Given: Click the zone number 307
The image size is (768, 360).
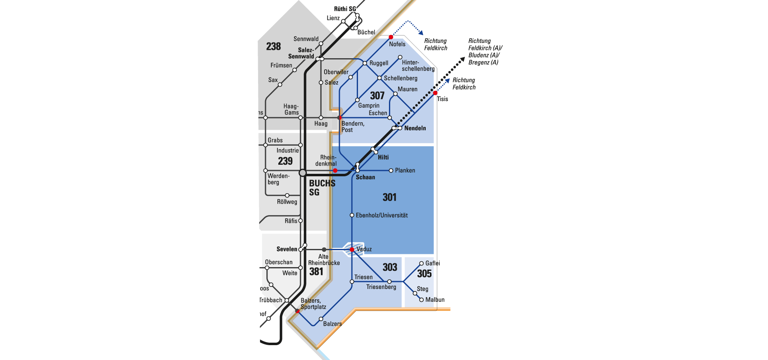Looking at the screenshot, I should pos(377,96).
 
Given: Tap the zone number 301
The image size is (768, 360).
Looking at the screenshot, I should pos(389,197).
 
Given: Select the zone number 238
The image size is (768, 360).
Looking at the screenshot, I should pos(273,46).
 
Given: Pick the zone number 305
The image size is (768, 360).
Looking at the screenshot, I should pos(424,273).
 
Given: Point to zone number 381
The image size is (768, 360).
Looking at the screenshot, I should pos(316,271).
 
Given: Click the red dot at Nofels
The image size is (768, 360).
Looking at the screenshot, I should pos(391,37).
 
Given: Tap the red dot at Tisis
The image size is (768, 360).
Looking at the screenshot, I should pos(435,93).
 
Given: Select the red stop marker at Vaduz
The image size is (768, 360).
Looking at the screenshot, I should pos(352,250).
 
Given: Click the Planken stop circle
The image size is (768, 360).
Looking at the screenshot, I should pos(391,171).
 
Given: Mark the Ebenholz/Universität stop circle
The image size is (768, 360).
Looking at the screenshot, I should pos(352,215).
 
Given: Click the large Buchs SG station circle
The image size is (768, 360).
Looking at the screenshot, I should pos(303,173).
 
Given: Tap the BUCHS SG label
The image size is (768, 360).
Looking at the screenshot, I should pos(322,188).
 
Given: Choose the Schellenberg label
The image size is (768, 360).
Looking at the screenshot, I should pos(401,78).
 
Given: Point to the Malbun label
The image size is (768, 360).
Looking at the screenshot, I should pos(435,300).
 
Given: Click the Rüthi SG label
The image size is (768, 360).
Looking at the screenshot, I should pos(345,9).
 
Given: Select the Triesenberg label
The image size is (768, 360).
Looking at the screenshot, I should pos(381,287).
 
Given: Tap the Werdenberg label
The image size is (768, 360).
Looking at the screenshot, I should pos(278,179).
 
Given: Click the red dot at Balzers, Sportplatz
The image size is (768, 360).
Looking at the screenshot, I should pos(297,311).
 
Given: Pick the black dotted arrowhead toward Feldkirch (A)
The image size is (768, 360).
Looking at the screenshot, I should pos(462,60).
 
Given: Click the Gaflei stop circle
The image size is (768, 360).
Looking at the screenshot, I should pos(421,263).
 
